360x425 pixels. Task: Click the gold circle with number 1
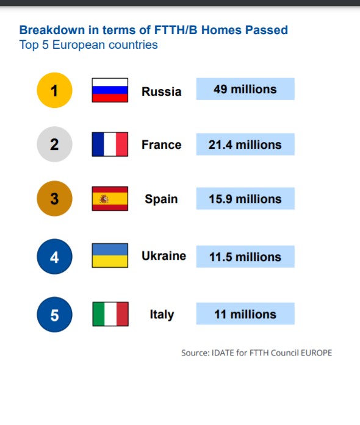[54, 90]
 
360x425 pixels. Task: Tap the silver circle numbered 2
[54, 144]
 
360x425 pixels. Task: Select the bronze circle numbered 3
[54, 198]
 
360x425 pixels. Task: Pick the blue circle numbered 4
[54, 257]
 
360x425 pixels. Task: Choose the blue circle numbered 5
[54, 315]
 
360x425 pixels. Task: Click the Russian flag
[110, 90]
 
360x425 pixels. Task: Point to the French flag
[110, 144]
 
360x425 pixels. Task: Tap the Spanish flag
[110, 198]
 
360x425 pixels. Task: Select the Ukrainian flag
[110, 255]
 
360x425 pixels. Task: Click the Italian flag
[110, 314]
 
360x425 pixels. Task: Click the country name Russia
[162, 91]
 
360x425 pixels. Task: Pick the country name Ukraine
[164, 255]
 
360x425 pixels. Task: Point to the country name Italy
[162, 315]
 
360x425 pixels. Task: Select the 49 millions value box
[245, 89]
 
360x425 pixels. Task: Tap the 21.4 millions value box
[245, 144]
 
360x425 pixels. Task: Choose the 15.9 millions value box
[245, 198]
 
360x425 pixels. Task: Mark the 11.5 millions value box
[245, 257]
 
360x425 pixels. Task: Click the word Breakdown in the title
[52, 30]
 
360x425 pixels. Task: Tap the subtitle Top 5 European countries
[88, 45]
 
